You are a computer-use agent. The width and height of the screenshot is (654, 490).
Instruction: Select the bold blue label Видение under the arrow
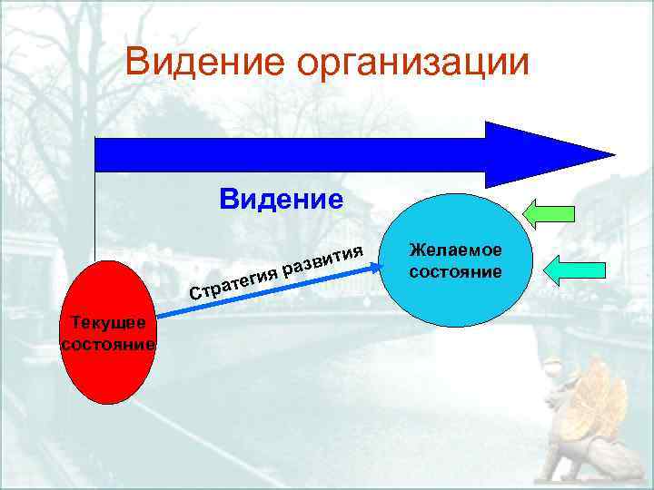[x=281, y=199]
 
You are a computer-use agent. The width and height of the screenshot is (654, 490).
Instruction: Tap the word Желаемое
[x=455, y=250]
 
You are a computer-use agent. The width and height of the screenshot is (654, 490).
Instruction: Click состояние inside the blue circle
[x=455, y=271]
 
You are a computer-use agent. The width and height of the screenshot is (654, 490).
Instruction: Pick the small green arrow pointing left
[x=550, y=213]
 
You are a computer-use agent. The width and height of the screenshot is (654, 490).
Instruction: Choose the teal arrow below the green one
[x=578, y=268]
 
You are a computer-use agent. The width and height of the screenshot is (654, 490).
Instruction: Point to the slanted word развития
[x=323, y=258]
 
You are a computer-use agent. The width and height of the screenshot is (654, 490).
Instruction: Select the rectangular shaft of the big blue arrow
[x=291, y=154]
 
